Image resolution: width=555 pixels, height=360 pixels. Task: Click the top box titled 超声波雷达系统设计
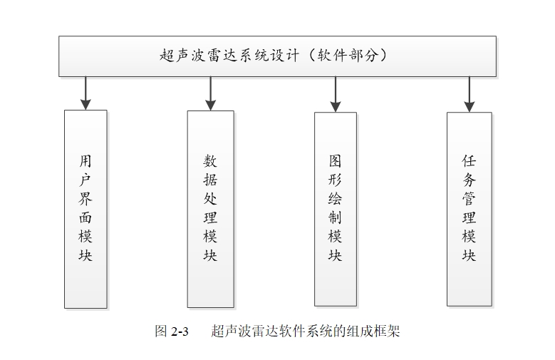coord(277,56)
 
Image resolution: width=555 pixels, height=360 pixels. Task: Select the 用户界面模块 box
coord(85,208)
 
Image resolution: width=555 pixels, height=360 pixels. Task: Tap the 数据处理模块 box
coord(210,208)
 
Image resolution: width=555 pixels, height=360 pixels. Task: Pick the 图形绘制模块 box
coord(335,208)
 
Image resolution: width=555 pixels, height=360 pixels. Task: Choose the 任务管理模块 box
coord(469,208)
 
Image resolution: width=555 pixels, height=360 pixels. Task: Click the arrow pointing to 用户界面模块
coord(85,93)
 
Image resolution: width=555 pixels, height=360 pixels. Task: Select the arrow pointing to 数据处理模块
coord(210,93)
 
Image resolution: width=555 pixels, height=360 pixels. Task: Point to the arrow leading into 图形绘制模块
coord(335,93)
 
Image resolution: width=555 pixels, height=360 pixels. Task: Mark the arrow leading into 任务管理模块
coord(469,93)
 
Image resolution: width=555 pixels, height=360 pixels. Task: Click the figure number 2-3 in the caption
coord(179,331)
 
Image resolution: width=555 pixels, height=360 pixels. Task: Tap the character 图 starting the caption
coord(160,331)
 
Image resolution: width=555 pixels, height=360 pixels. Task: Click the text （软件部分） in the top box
coord(345,56)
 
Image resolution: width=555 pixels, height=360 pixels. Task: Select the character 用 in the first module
coord(85,161)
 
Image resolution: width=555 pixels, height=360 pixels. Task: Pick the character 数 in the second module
coord(210,161)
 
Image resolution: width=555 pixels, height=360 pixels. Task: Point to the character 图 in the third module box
coord(335,161)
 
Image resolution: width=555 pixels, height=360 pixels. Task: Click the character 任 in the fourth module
coord(469,161)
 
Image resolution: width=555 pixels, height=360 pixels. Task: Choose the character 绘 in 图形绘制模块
coord(335,199)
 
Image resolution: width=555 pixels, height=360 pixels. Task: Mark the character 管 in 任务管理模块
coord(469,199)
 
